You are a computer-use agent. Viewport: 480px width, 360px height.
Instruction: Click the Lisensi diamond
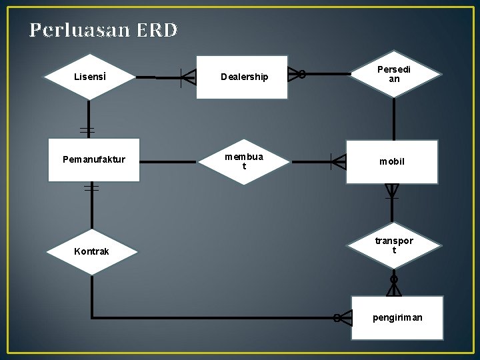89,77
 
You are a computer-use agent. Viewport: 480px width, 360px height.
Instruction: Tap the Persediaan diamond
394,74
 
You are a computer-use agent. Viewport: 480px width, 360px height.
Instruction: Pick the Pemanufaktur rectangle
93,159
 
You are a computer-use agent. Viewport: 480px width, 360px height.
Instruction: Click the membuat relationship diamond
245,161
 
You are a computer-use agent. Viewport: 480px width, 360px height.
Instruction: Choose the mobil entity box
392,161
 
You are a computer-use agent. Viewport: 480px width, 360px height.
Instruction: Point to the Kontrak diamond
91,251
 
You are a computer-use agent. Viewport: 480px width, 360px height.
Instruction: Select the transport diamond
394,245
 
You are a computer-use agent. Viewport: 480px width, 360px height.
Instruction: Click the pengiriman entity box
397,317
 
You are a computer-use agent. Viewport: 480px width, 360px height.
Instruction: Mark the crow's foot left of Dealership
187,77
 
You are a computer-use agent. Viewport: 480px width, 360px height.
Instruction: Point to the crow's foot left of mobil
339,161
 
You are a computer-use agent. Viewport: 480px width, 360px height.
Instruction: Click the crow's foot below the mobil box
392,191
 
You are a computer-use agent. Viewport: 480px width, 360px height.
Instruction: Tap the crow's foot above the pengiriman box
394,287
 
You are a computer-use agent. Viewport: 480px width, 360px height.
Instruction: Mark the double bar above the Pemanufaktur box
87,129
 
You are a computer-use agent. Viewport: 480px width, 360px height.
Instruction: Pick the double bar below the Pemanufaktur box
91,189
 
